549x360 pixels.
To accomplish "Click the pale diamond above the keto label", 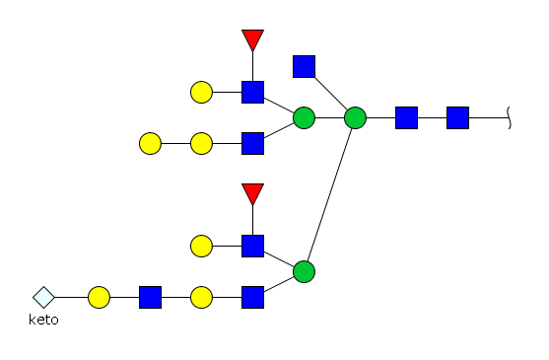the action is point(43,297).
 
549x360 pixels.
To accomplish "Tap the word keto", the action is point(43,320).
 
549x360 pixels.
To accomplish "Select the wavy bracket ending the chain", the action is point(510,117).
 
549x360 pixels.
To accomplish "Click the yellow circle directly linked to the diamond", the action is point(99,297).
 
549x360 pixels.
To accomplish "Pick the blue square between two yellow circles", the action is point(150,297).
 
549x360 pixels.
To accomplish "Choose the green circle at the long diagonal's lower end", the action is point(304,272).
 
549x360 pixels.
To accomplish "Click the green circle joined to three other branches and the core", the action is point(356,117).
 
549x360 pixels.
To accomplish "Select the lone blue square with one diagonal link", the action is point(304,66).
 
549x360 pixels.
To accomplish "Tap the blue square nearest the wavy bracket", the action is point(457,117).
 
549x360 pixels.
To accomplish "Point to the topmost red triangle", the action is point(252,39).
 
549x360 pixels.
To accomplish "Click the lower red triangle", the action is point(252,193).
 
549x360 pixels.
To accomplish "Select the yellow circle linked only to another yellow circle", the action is point(150,143).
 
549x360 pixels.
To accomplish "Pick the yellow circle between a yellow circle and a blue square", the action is point(201,143).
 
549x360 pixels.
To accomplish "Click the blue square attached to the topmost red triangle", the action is point(252,92).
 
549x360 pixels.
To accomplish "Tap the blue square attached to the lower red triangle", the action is point(252,246).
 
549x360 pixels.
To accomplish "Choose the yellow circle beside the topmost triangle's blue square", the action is point(201,92).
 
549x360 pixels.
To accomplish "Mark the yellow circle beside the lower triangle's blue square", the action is point(201,246).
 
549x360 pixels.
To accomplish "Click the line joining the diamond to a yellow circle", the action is point(71,297).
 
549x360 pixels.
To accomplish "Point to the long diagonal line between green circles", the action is point(329,194).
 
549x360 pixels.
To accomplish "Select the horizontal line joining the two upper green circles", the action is point(329,117).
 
